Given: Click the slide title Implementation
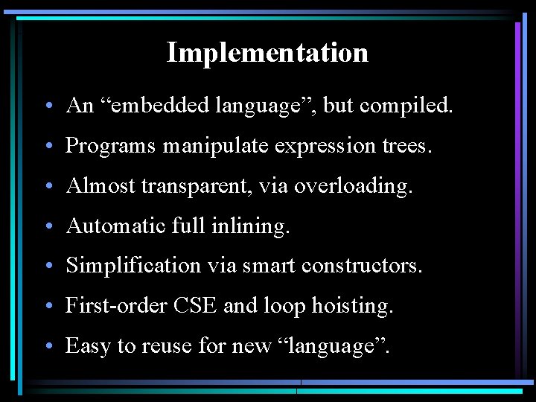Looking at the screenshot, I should (x=267, y=53).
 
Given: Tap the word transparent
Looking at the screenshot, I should (x=192, y=185).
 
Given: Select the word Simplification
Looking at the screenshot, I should (x=133, y=265).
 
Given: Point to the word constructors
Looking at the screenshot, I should (x=364, y=265).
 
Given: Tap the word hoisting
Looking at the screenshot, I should (x=352, y=305).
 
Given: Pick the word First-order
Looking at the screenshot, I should (x=115, y=305).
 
